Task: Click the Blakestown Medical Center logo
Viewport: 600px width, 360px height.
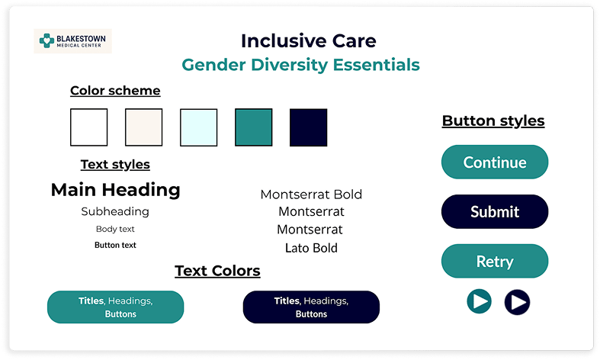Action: point(72,41)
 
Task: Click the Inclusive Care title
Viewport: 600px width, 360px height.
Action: point(309,41)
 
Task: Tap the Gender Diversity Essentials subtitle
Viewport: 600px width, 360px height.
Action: point(301,65)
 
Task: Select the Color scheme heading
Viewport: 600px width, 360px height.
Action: point(115,91)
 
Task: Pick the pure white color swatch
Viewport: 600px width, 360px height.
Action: point(88,127)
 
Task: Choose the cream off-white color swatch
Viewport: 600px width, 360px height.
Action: point(144,127)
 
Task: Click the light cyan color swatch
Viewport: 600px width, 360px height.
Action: point(198,127)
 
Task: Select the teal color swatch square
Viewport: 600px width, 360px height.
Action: point(254,127)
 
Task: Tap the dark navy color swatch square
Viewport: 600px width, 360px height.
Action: point(309,127)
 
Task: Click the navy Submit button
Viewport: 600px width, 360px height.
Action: point(495,212)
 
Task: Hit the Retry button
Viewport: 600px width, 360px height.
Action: point(495,261)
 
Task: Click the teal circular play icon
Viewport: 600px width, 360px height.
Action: point(479,301)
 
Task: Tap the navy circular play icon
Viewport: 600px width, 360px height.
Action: point(518,302)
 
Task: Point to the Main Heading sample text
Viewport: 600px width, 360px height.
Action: point(116,190)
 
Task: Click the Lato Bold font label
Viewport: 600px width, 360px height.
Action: point(312,248)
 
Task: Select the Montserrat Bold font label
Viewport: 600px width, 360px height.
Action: point(311,194)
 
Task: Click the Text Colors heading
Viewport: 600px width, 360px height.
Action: point(218,272)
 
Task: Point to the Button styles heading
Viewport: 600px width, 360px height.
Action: point(493,121)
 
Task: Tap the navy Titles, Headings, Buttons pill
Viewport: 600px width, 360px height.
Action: point(311,307)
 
